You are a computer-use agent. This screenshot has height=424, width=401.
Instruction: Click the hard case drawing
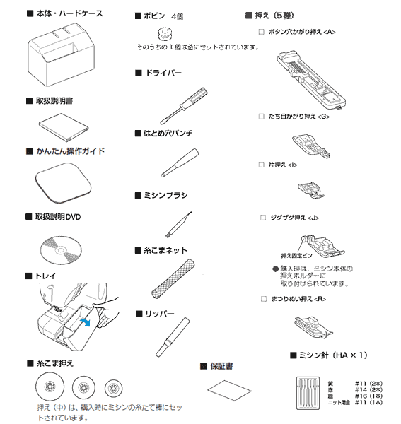[x=62, y=54]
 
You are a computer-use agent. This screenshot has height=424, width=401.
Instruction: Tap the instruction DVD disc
[x=61, y=250]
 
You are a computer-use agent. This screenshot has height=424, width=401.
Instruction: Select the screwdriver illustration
[x=184, y=106]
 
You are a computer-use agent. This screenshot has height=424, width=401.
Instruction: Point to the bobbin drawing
[x=165, y=34]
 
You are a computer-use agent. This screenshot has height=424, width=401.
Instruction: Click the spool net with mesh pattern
[x=173, y=279]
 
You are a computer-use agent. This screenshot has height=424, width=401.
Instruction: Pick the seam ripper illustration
[x=173, y=337]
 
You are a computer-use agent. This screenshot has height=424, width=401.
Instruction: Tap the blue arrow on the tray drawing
[x=86, y=322]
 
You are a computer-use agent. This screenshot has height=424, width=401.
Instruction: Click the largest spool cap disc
[x=50, y=387]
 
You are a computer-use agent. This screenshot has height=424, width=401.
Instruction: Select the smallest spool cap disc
[x=114, y=388]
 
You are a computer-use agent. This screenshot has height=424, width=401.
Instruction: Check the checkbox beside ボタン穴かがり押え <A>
[x=262, y=32]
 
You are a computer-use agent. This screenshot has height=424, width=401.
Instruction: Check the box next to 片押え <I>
[x=262, y=165]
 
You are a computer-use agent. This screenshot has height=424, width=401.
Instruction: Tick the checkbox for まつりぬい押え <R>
[x=264, y=299]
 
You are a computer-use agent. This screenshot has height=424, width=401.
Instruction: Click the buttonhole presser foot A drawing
[x=311, y=80]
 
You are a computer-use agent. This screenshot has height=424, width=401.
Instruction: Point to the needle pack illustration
[x=308, y=393]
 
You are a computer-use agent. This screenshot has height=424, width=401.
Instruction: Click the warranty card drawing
[x=229, y=391]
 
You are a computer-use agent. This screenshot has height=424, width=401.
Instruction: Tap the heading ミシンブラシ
[x=165, y=195]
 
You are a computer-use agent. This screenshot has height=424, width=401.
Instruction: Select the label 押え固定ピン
[x=296, y=256]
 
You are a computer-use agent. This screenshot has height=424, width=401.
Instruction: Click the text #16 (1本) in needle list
[x=368, y=396]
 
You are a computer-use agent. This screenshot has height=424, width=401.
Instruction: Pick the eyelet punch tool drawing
[x=180, y=163]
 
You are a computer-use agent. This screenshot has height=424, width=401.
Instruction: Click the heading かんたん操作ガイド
[x=70, y=151]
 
